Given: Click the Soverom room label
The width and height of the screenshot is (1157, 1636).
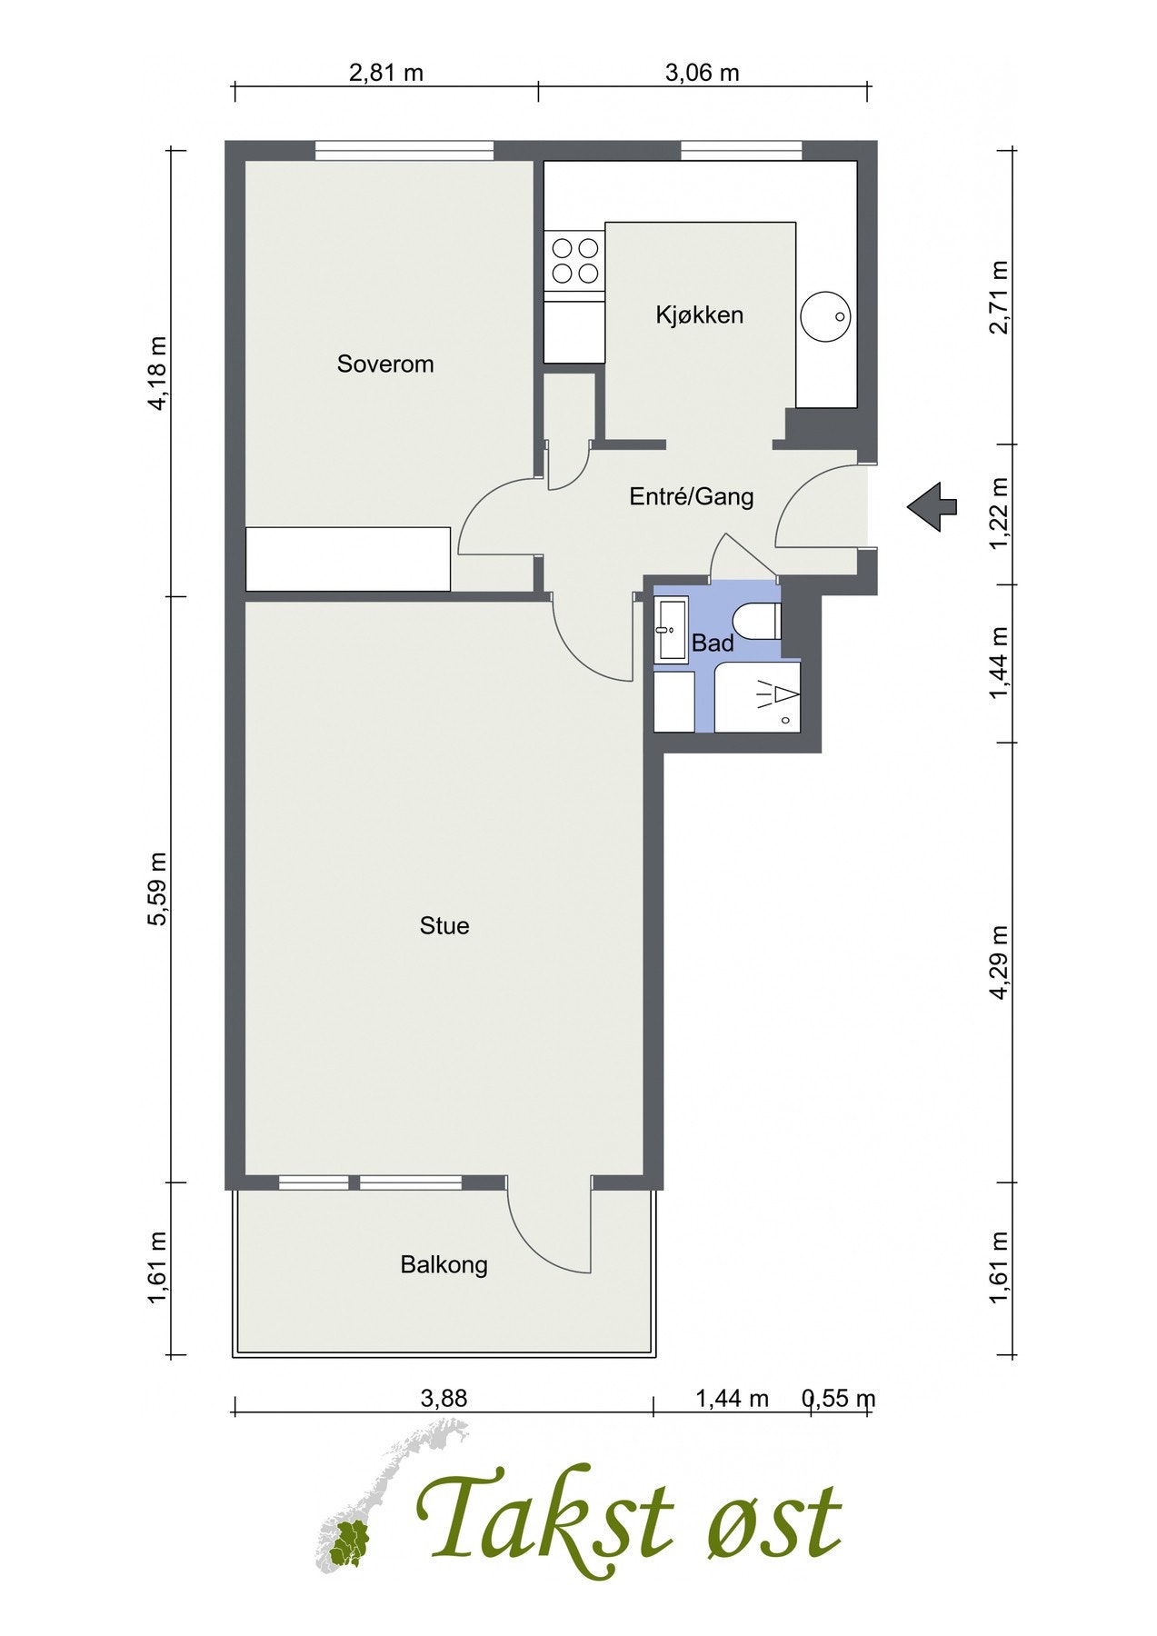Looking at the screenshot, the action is [385, 364].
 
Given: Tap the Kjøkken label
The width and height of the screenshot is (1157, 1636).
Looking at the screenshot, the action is [700, 315].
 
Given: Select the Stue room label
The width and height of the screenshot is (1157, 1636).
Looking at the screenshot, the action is [444, 926].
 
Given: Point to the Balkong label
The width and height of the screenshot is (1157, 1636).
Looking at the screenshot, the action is [444, 1265].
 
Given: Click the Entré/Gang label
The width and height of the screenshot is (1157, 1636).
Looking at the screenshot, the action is [692, 497].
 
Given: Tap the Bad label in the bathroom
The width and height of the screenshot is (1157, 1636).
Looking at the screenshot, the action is [713, 643].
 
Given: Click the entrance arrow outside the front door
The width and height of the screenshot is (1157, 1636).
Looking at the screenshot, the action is [932, 505].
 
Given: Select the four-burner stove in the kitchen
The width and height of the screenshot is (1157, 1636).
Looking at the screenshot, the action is [574, 262].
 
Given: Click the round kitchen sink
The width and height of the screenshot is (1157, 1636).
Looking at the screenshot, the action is [826, 316].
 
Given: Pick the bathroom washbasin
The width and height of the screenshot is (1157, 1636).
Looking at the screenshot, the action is [673, 629].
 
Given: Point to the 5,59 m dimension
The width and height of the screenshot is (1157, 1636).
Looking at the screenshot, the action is [159, 889].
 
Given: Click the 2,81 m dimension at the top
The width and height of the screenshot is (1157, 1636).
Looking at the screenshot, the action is [386, 73].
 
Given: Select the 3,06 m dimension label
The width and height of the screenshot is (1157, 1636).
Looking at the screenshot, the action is [703, 73].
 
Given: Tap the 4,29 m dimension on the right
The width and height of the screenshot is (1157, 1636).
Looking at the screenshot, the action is [1000, 963].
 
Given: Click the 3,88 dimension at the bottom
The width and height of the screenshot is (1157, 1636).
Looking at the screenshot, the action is [444, 1398].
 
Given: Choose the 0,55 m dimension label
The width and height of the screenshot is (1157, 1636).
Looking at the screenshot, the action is [838, 1398].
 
